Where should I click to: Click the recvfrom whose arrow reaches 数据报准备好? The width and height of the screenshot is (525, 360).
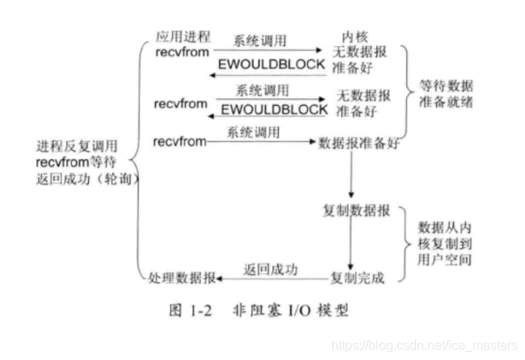tap(178, 142)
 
